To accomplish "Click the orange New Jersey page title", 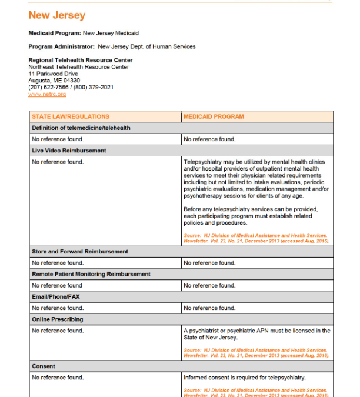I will click(56, 16).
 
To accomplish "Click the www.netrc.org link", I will click(46, 94).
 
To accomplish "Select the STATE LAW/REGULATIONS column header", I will click(70, 116).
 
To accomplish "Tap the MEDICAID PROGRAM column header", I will click(214, 116).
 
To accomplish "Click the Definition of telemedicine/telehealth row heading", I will click(81, 128).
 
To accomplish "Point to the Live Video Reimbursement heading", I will click(69, 151).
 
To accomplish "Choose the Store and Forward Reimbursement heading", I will click(79, 252).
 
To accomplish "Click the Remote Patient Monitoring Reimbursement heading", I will click(91, 274).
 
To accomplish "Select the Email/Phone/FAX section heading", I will click(55, 296).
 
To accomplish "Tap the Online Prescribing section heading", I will click(57, 319).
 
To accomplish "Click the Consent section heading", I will click(43, 366).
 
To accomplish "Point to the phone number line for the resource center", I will click(71, 87).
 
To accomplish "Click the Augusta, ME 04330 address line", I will click(54, 81).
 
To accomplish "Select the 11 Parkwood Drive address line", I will click(53, 74).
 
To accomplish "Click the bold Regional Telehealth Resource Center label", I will click(80, 60).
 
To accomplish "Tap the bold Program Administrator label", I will click(61, 46).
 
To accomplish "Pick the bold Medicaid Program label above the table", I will click(55, 33).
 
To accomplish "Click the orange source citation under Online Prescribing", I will click(256, 353).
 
